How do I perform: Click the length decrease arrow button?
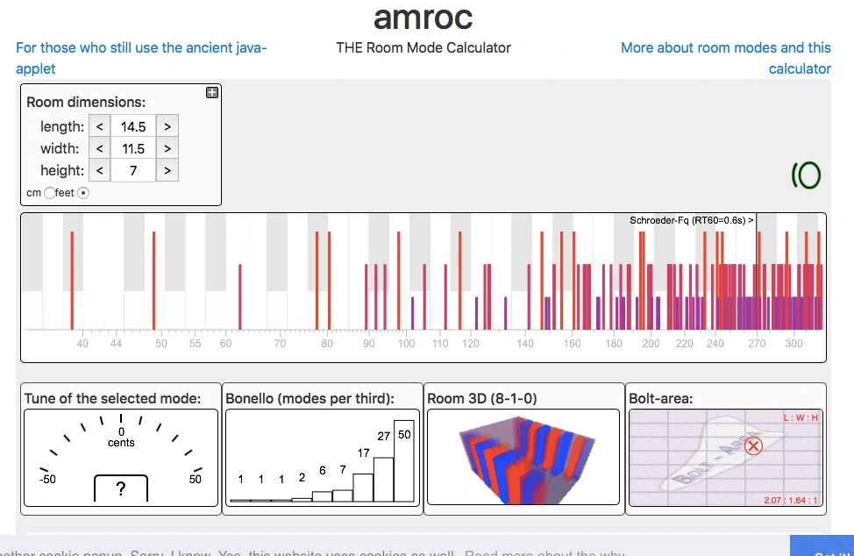(x=100, y=126)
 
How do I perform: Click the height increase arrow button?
(x=167, y=170)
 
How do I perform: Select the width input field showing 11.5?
(x=133, y=148)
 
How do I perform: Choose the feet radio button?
(x=83, y=193)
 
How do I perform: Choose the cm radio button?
(x=49, y=193)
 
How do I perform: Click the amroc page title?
(x=423, y=17)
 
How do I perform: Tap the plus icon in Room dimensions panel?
(x=212, y=92)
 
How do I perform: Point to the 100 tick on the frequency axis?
(x=406, y=344)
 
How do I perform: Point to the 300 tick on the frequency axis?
(x=794, y=344)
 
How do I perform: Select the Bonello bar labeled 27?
(x=384, y=478)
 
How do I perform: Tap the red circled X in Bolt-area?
(x=752, y=446)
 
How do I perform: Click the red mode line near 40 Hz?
(x=72, y=278)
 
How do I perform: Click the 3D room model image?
(x=523, y=458)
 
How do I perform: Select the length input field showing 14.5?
(x=133, y=126)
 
